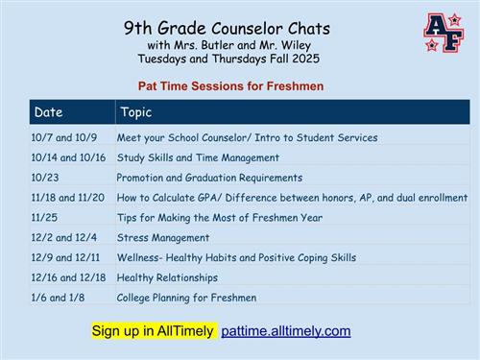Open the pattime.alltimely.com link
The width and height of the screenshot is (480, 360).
point(286,331)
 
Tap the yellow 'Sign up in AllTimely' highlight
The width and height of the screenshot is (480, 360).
point(154,331)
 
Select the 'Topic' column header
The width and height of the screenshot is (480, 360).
point(135,112)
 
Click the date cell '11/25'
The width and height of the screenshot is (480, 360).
point(44,218)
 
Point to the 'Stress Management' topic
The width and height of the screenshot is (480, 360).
point(163,237)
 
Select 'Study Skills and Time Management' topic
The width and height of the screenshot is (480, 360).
point(198,157)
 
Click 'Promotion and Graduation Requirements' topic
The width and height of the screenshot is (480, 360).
point(209,178)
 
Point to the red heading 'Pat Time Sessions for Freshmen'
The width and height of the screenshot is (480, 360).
point(230,86)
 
